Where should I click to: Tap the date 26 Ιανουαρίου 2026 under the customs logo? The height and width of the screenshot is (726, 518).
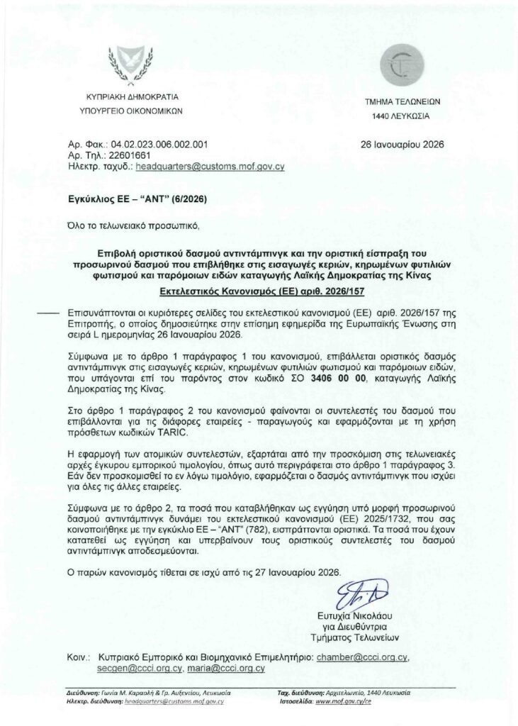(x=402, y=144)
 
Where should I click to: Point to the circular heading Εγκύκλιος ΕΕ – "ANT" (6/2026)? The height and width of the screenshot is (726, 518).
(x=127, y=200)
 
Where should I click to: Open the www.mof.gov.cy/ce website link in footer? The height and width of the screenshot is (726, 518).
(x=344, y=700)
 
